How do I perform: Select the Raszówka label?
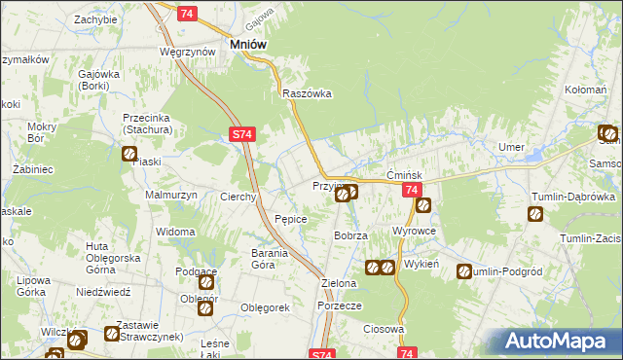coord(307,94)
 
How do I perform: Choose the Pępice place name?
coord(291,219)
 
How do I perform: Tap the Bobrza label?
coord(349,236)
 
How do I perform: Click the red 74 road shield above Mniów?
coord(188,12)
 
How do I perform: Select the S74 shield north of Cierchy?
coord(243,137)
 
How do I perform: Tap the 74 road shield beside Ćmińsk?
coord(412,191)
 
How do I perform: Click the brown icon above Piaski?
coord(128,153)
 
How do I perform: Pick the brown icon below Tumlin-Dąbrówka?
coord(534,214)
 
